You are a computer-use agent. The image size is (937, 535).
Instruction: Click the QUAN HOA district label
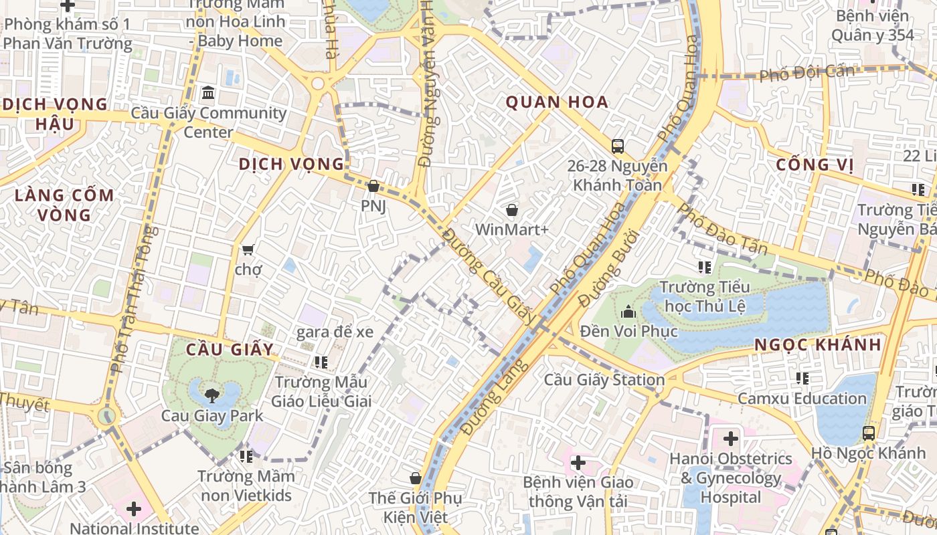tap(557, 102)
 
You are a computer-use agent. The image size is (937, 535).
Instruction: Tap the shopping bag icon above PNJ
tap(373, 186)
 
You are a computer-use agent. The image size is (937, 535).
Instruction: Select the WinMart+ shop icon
tap(512, 210)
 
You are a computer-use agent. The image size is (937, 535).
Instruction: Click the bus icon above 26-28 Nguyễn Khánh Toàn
tap(617, 146)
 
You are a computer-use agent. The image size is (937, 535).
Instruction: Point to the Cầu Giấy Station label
tap(604, 380)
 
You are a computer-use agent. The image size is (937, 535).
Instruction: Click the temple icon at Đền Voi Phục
tap(628, 312)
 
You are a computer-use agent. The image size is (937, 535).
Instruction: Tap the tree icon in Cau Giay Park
tap(212, 395)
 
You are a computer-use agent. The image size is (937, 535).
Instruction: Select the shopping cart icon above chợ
tap(248, 249)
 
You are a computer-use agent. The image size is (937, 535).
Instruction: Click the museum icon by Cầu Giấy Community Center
tap(208, 92)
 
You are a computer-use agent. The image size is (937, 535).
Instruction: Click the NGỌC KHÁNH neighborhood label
tap(818, 345)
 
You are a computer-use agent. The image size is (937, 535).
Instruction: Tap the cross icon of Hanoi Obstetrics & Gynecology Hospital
tap(730, 439)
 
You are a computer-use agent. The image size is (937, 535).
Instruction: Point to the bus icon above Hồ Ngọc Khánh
tap(868, 433)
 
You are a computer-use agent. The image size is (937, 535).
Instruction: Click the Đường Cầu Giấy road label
tap(488, 276)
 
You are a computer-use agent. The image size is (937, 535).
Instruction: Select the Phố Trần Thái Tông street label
tap(134, 299)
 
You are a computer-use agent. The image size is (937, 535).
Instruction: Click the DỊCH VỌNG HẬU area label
tap(55, 114)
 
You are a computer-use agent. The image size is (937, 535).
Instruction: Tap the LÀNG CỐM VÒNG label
tap(64, 205)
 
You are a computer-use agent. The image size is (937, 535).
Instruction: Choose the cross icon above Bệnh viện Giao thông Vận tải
tap(578, 462)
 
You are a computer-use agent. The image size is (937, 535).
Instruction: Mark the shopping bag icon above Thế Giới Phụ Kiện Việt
tap(415, 478)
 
